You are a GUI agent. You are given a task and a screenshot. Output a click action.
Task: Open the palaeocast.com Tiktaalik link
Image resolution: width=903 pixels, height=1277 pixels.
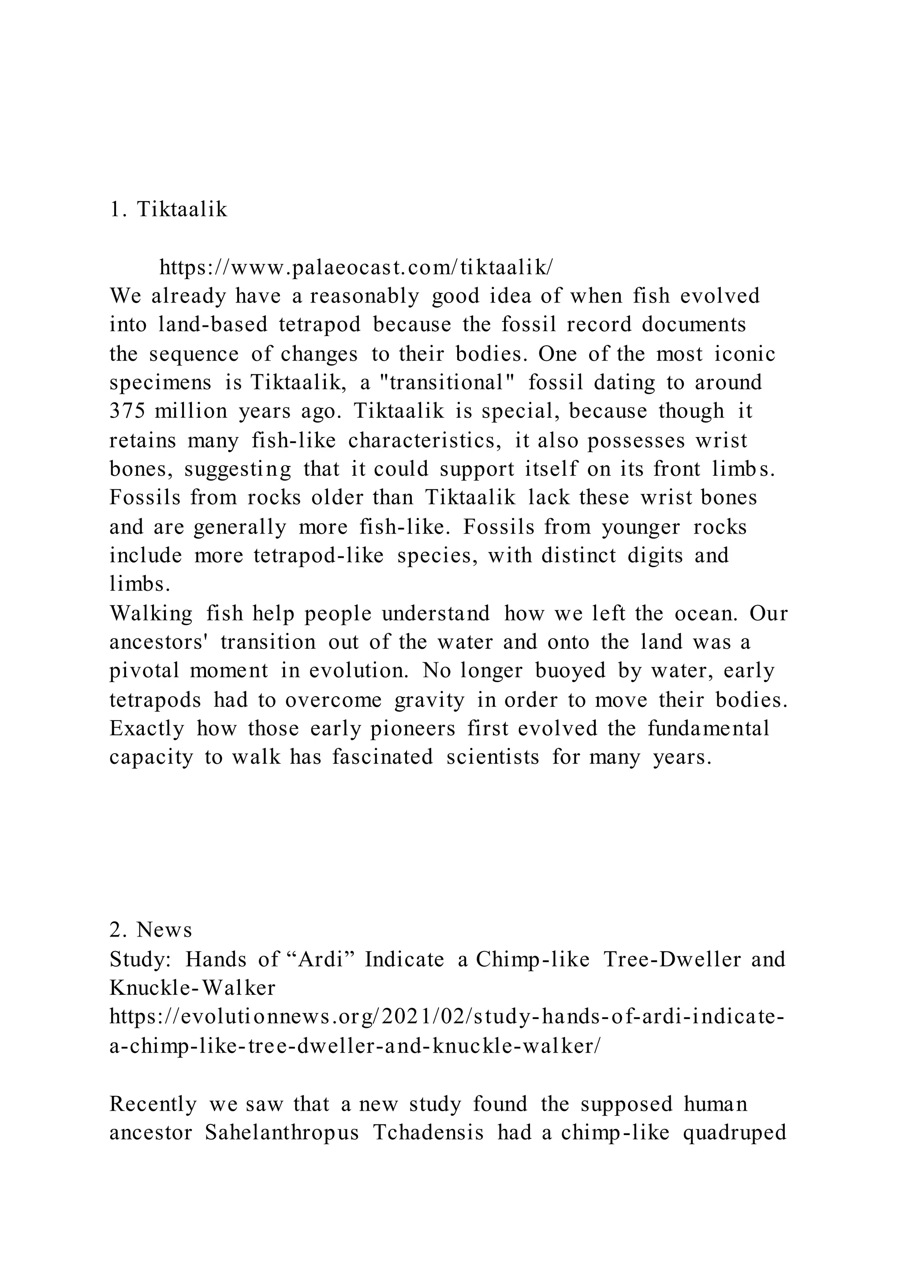[356, 268]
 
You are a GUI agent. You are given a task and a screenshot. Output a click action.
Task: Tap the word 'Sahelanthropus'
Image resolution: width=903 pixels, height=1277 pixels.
[283, 1132]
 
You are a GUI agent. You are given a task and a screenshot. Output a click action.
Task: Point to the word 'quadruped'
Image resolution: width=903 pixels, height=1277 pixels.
[734, 1132]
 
